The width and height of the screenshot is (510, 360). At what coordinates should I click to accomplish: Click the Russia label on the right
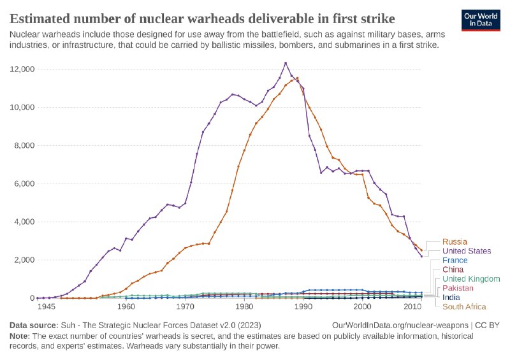coord(455,241)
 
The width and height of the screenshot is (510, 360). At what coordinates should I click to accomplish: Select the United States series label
coord(467,251)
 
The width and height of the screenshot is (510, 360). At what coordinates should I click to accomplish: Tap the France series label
coord(455,261)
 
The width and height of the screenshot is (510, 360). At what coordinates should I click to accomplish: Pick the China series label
coord(453,270)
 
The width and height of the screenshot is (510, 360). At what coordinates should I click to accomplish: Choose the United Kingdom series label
coord(471,279)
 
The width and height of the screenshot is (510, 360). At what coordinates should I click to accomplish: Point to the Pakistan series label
coord(458,288)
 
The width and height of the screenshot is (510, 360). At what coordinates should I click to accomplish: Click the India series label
coord(451,298)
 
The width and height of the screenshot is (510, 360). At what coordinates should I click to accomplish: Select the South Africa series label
coord(464,306)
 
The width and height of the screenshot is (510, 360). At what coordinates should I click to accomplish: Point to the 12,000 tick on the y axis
coord(20,69)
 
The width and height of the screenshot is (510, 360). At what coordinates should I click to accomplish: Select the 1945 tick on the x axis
coord(45,307)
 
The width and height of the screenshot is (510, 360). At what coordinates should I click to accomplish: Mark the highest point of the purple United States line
coord(286,63)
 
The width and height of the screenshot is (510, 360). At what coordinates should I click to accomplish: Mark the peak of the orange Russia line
coord(297,78)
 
